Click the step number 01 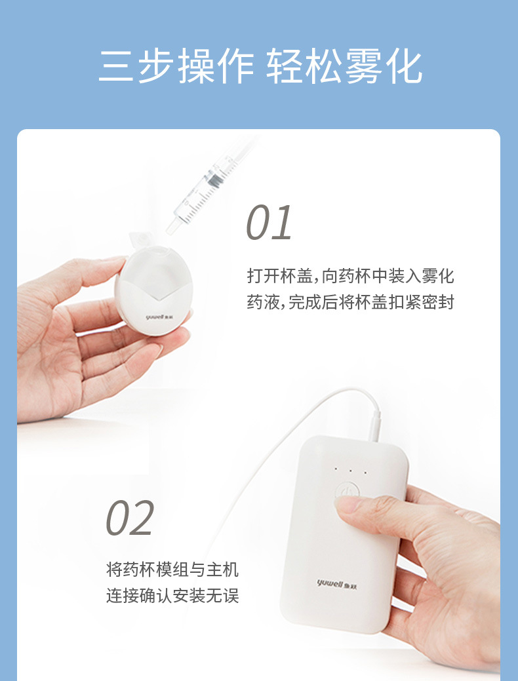(x=269, y=223)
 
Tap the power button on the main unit (x=348, y=491)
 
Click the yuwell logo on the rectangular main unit (x=337, y=584)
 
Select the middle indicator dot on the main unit (x=350, y=471)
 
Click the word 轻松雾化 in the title (x=344, y=66)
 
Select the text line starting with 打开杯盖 (x=350, y=275)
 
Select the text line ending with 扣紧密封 (x=350, y=302)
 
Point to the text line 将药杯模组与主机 (x=172, y=570)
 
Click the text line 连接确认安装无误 (x=172, y=595)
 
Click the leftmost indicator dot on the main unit (x=336, y=469)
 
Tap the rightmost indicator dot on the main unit (x=365, y=472)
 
